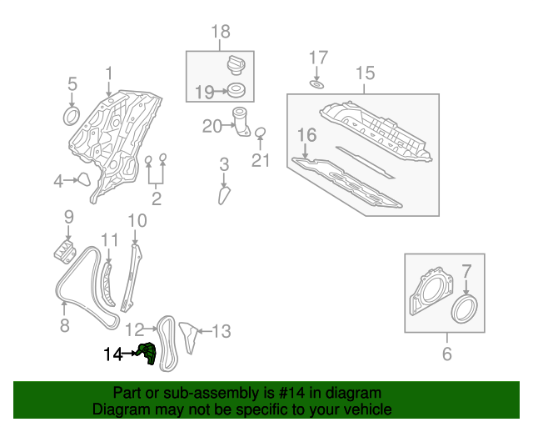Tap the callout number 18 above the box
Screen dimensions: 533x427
click(x=220, y=32)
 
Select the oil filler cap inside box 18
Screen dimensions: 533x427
click(x=236, y=65)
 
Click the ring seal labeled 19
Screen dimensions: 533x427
click(x=237, y=90)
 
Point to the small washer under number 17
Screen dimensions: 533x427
click(x=316, y=83)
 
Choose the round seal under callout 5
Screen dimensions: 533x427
click(x=72, y=116)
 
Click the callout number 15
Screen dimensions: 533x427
click(x=365, y=73)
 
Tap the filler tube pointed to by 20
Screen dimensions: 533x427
click(x=241, y=122)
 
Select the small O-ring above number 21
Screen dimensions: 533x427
click(x=260, y=133)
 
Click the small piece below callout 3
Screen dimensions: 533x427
click(x=224, y=196)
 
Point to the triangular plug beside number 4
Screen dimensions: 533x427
click(x=84, y=179)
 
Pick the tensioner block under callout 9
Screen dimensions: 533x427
click(x=65, y=252)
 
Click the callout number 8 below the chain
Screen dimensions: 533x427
click(x=65, y=325)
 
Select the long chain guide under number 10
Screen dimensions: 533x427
click(x=132, y=278)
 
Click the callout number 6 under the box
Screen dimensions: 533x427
click(x=446, y=354)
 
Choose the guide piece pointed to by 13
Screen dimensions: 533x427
click(x=188, y=337)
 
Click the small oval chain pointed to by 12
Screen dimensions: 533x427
click(x=168, y=344)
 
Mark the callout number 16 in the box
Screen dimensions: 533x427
click(x=307, y=135)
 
